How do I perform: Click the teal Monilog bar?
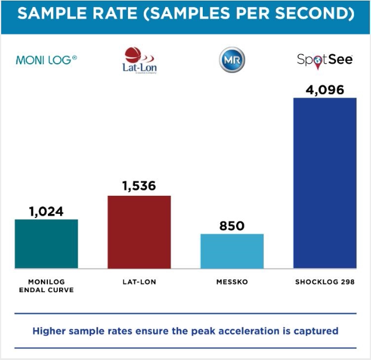46,244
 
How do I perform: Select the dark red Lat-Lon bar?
139,232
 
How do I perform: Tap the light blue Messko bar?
232,251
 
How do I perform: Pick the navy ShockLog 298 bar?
325,183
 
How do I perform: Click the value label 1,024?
46,210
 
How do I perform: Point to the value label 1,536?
139,186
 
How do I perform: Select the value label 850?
232,226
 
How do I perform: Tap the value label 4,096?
325,89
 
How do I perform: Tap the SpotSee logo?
324,60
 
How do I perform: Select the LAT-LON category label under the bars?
139,282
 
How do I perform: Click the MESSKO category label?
232,282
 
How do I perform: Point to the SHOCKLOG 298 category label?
325,282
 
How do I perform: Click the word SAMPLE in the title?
48,13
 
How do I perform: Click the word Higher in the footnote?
49,331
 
